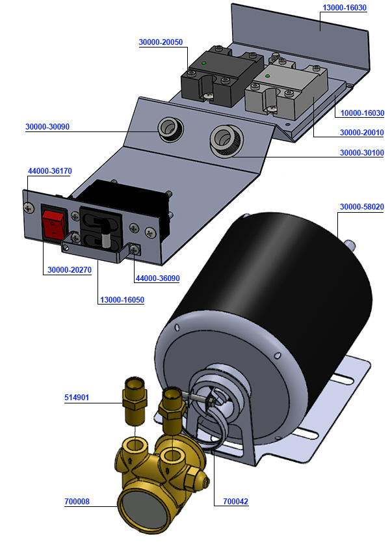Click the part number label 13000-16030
pyautogui.click(x=344, y=8)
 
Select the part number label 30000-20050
pyautogui.click(x=161, y=42)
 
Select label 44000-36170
pyautogui.click(x=49, y=170)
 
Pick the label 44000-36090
pyautogui.click(x=157, y=279)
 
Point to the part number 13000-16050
pyautogui.click(x=122, y=300)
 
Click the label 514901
pyautogui.click(x=78, y=397)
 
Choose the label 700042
pyautogui.click(x=235, y=502)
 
